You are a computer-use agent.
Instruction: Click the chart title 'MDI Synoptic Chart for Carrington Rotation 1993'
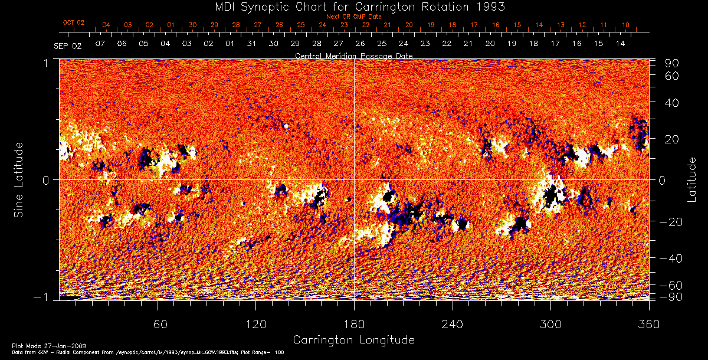point(353,6)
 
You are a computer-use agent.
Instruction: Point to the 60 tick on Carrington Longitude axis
point(158,324)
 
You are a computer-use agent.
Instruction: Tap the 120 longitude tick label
point(255,324)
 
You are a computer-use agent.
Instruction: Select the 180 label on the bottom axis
point(354,324)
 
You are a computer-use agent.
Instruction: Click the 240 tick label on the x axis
point(452,324)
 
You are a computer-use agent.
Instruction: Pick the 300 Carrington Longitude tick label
point(550,324)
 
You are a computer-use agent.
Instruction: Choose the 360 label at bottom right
point(648,324)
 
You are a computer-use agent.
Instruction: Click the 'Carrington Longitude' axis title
point(353,340)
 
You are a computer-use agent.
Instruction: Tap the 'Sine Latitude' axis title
point(19,179)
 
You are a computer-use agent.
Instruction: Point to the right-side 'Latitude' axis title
point(691,179)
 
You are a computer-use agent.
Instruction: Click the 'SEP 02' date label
point(68,45)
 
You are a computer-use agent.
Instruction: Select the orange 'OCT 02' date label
point(74,22)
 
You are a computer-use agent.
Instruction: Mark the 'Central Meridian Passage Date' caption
point(353,55)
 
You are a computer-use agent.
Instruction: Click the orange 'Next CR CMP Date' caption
point(353,17)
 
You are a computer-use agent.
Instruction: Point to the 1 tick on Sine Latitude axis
point(45,63)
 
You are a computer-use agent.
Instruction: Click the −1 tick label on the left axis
point(41,297)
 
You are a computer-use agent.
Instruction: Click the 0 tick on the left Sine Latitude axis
point(45,179)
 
